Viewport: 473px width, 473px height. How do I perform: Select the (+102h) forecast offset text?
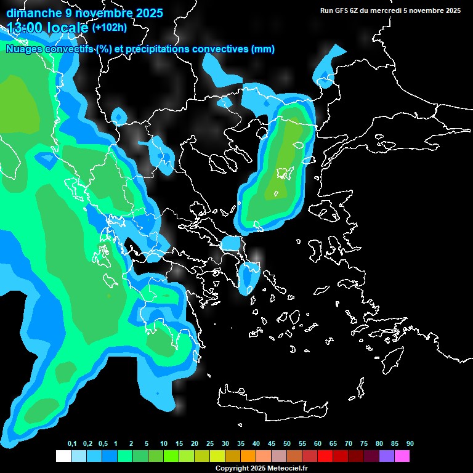tap(110, 28)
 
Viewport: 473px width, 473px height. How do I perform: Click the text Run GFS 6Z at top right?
tap(342, 10)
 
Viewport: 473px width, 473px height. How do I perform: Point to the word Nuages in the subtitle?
tap(23, 49)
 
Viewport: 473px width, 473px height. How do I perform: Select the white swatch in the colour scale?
tap(63, 456)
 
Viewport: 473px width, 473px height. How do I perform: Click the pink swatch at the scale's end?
tap(402, 456)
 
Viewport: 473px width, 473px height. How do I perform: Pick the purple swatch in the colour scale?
tap(386, 456)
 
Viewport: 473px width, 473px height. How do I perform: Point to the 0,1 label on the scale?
tap(72, 444)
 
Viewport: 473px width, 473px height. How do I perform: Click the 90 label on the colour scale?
tap(410, 444)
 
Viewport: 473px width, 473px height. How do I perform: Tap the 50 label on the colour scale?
tap(287, 444)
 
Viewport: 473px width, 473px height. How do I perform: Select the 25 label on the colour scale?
tap(210, 444)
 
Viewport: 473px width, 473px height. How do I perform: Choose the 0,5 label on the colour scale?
tap(103, 444)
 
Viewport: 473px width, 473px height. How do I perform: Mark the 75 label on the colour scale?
tap(363, 444)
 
